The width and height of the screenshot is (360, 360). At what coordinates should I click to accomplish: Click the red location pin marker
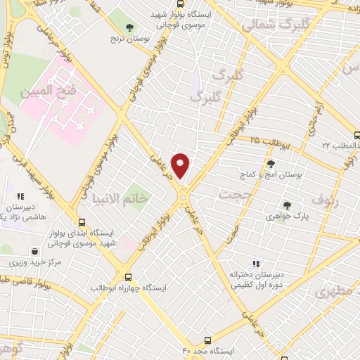181,165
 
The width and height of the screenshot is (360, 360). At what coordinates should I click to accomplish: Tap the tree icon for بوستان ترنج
129,28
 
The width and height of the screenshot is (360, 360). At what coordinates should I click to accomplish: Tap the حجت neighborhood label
235,193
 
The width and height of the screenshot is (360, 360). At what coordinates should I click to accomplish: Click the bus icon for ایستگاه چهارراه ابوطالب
128,277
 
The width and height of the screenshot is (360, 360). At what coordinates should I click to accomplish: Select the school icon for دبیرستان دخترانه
246,264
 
